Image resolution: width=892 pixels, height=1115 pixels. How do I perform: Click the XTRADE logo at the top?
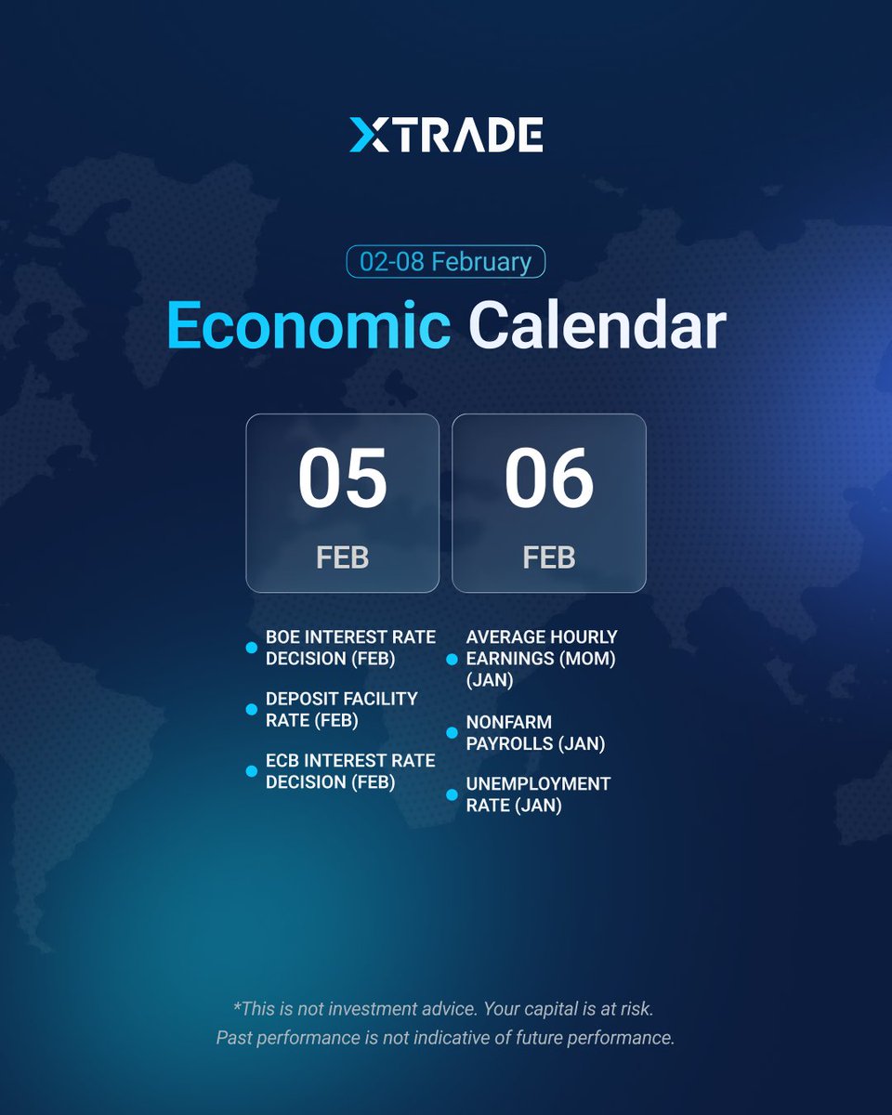pyautogui.click(x=446, y=136)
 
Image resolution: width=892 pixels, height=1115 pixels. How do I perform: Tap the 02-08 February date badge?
pyautogui.click(x=446, y=261)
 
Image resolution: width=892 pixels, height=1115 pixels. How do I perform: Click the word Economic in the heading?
pyautogui.click(x=309, y=326)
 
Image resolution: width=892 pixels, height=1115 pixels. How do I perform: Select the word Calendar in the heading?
pyautogui.click(x=597, y=326)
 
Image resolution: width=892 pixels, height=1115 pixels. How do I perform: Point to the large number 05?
pyautogui.click(x=342, y=478)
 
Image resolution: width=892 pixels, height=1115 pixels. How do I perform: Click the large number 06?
pyautogui.click(x=548, y=478)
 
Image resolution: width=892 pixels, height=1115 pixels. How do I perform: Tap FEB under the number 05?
pyautogui.click(x=342, y=557)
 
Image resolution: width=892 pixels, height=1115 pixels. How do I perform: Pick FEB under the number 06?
pyautogui.click(x=548, y=557)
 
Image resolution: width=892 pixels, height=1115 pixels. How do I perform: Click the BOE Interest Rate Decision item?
pyautogui.click(x=350, y=648)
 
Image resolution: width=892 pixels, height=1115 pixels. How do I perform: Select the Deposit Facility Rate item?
pyautogui.click(x=341, y=709)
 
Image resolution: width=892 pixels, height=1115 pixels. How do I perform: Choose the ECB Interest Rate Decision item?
pyautogui.click(x=350, y=771)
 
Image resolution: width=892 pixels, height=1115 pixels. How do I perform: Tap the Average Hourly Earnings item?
pyautogui.click(x=542, y=659)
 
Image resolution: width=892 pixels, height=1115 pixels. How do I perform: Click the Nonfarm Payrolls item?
pyautogui.click(x=535, y=732)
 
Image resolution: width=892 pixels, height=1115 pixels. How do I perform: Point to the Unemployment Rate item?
pyautogui.click(x=538, y=794)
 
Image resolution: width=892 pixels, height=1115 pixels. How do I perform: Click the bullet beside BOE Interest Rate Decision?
pyautogui.click(x=251, y=648)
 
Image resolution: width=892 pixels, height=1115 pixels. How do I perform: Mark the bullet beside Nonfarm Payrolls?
pyautogui.click(x=452, y=732)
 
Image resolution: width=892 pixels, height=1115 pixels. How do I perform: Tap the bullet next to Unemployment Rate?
pyautogui.click(x=452, y=794)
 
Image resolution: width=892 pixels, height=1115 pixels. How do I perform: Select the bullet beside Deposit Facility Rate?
pyautogui.click(x=251, y=709)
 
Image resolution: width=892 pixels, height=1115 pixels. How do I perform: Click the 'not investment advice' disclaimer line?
pyautogui.click(x=446, y=1007)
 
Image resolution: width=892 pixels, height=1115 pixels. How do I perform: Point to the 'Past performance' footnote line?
pyautogui.click(x=446, y=1037)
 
